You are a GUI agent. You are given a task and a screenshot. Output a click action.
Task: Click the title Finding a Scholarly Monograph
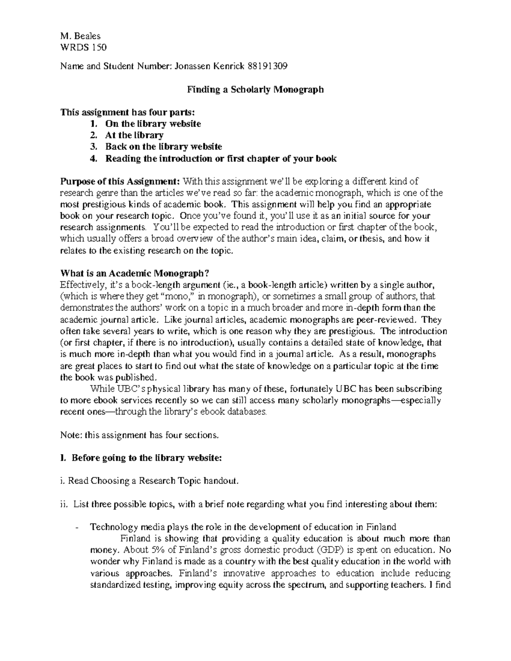[255, 89]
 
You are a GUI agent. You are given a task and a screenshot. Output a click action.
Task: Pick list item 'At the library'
[134, 135]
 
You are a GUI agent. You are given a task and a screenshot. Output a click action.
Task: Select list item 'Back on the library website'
[164, 147]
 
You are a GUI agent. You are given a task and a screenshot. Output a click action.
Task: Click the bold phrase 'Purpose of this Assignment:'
[121, 182]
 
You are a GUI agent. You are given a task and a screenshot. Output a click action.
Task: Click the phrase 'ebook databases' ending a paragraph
[235, 412]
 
